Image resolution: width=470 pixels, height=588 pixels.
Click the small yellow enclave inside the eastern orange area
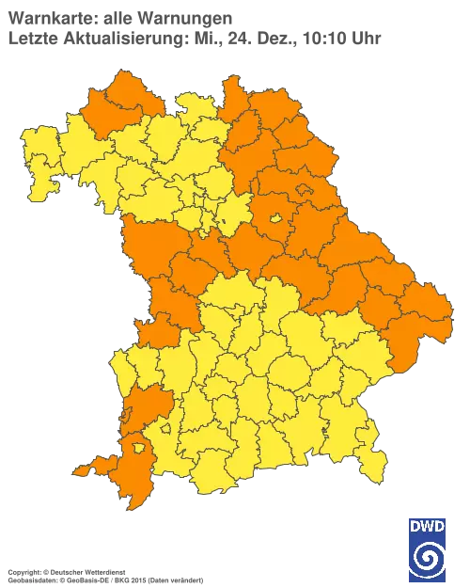[x=277, y=219]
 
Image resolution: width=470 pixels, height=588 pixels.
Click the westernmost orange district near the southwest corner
[x=91, y=464]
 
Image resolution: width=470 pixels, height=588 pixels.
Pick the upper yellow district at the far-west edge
[x=38, y=151]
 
